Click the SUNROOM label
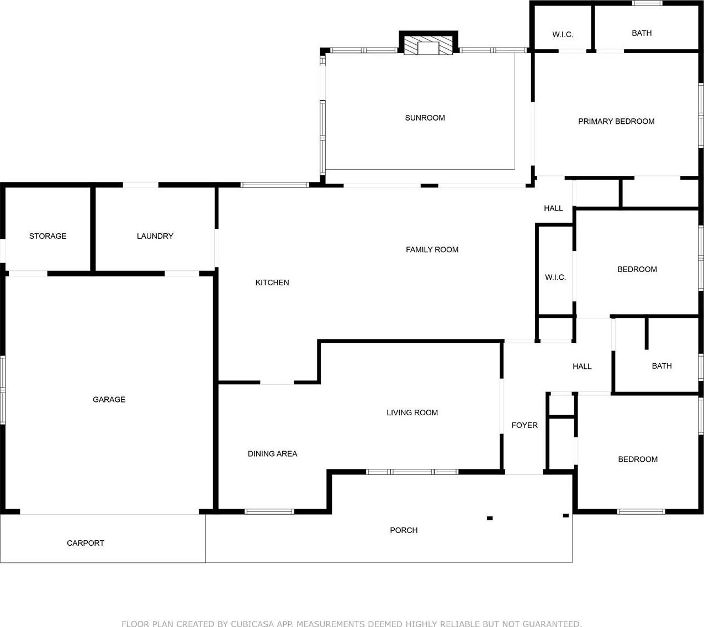coord(425,118)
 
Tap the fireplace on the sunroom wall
coord(428,43)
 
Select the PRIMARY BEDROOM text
coord(616,122)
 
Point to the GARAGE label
coord(109,399)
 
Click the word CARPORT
coord(86,543)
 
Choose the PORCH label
coord(404,530)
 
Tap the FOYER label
coord(525,425)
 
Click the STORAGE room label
coord(47,236)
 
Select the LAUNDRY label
coord(155,236)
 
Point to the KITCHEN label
coord(272,283)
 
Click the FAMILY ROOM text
coord(432,249)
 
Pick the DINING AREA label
coord(272,454)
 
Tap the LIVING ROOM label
coord(412,412)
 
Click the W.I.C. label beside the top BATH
coord(563,34)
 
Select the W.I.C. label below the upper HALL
coord(555,278)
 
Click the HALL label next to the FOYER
coord(582,367)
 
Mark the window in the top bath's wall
coord(647,3)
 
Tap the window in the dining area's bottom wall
coord(269,511)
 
